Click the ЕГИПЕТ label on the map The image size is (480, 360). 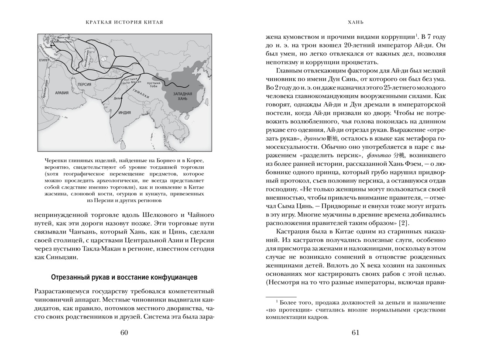[x=44, y=62]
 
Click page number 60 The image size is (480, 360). [x=123, y=333]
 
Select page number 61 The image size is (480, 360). [x=355, y=333]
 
